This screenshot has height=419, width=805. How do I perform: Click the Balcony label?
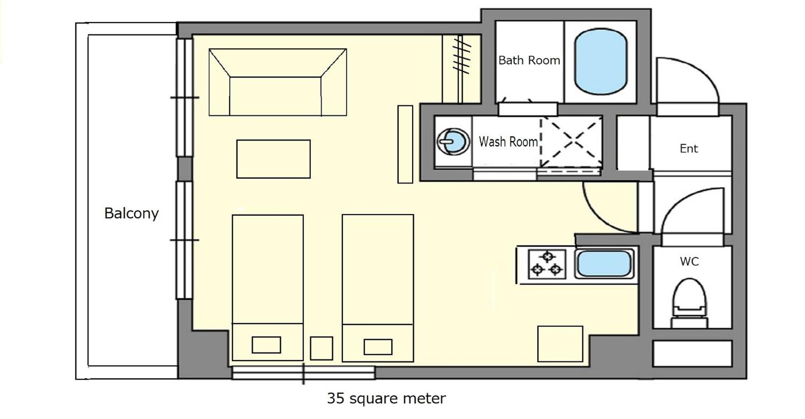click(131, 213)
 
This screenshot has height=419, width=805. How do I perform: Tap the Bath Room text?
click(529, 60)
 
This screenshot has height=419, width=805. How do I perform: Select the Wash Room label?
click(508, 142)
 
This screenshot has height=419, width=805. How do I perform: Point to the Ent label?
click(689, 148)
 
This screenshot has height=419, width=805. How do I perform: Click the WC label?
click(689, 261)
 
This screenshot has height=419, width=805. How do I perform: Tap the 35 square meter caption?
click(386, 398)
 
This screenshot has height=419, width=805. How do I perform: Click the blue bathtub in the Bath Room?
click(600, 61)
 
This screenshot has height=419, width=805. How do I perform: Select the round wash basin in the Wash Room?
click(453, 142)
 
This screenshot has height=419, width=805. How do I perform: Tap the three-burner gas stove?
click(547, 264)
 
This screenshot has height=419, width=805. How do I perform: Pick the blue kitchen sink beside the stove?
click(604, 264)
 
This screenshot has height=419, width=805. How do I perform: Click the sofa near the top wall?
click(278, 82)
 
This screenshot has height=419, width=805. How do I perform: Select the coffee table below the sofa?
click(273, 159)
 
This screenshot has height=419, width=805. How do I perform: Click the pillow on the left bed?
click(266, 345)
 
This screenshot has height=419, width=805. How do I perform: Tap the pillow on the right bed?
click(378, 347)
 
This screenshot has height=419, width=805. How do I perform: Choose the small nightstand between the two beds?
click(322, 348)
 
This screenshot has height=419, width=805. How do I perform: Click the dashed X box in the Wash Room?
click(571, 142)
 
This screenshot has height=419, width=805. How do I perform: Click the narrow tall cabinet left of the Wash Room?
click(405, 144)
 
